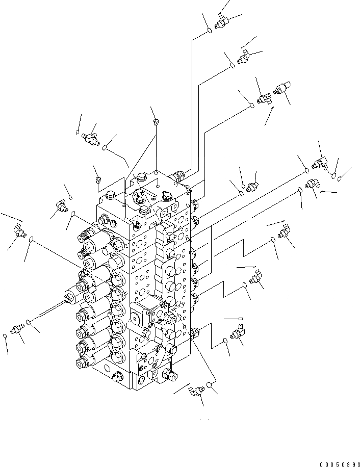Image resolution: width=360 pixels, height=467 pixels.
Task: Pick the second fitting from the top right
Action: pyautogui.click(x=243, y=56)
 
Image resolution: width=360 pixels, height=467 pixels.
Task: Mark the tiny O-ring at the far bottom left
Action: pyautogui.click(x=5, y=335)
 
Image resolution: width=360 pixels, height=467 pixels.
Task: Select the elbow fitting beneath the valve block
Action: pyautogui.click(x=196, y=391)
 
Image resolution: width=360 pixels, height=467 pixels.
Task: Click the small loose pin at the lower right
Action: pyautogui.click(x=240, y=318)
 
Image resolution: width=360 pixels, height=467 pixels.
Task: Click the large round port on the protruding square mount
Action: pyautogui.click(x=139, y=319)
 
